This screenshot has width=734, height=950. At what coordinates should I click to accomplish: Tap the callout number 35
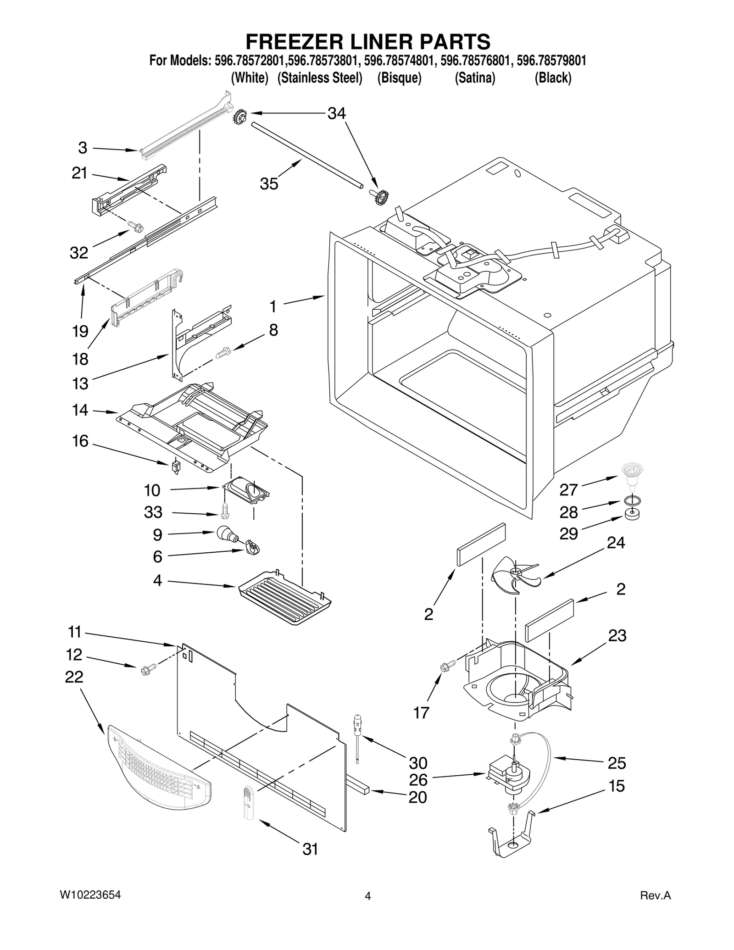tap(269, 184)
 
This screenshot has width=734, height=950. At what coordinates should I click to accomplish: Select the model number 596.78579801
tap(551, 61)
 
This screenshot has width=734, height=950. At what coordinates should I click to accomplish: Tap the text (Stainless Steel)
tap(320, 78)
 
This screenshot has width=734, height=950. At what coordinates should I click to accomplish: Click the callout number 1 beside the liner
tap(273, 306)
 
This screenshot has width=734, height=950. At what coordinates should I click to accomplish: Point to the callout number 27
tap(568, 490)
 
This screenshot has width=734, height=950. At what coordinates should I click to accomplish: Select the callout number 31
tap(310, 849)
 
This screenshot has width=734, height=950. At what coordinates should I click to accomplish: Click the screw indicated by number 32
tap(136, 226)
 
